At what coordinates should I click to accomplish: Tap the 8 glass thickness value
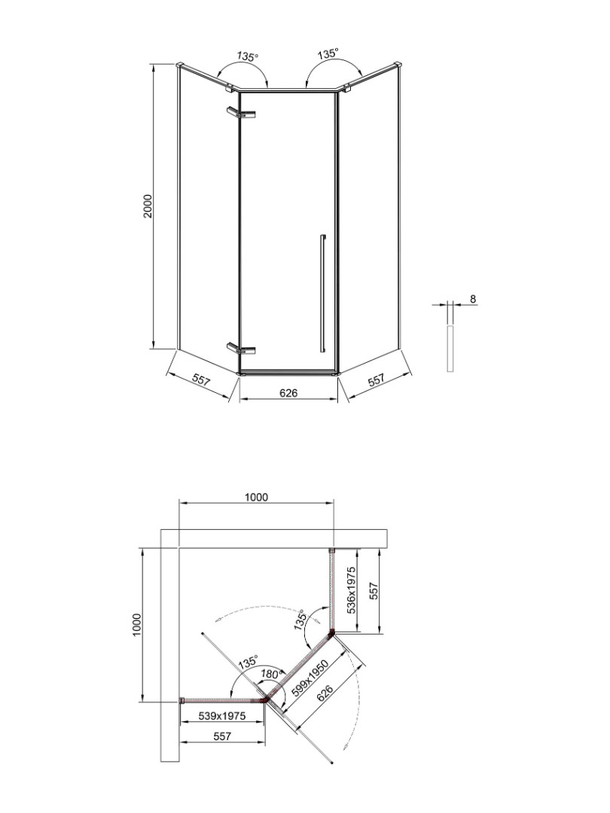pos(472,299)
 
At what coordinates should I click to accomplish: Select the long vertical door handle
pos(322,293)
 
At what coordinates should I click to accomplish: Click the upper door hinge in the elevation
pos(241,113)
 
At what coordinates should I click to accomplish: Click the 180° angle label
pos(270,673)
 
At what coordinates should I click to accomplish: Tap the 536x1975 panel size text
pos(351,591)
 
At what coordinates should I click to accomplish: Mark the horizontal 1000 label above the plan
pos(256,497)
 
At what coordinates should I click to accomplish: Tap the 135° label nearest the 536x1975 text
pos(301,620)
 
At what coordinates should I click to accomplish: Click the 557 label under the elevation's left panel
pos(200,381)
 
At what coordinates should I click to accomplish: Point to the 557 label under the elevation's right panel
pos(377,381)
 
